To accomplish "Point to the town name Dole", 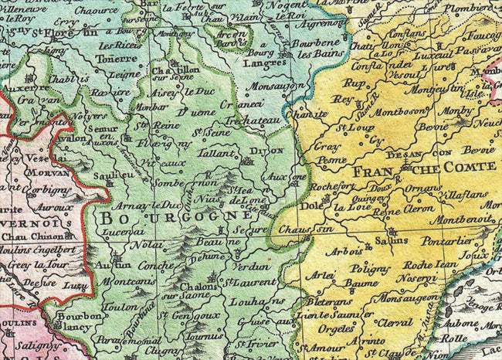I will [x=310, y=206].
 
